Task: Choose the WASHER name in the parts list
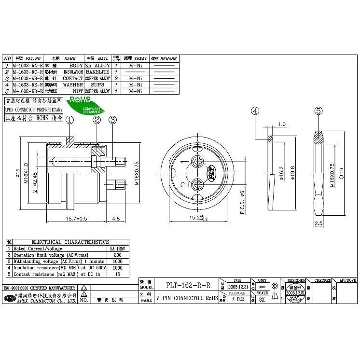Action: (73, 84)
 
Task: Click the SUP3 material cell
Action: (98, 84)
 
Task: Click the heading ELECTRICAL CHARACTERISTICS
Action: (70, 242)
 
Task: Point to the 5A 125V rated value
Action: (118, 248)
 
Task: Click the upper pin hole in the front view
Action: (198, 162)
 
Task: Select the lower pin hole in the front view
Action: (198, 184)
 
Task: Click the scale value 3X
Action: (262, 299)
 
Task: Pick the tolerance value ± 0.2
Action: (236, 299)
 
